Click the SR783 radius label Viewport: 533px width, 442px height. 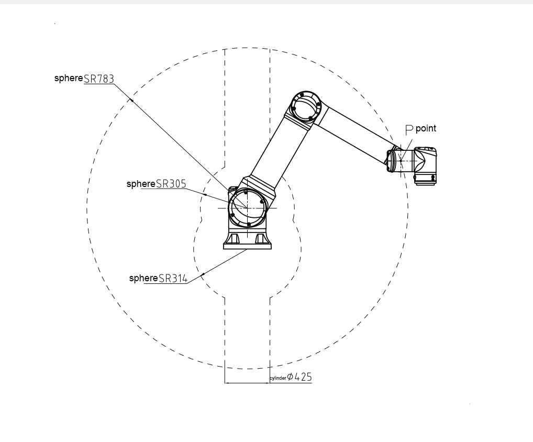coord(98,79)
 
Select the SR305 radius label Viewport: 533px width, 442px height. coord(171,184)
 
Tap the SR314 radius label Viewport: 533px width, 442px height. coord(173,278)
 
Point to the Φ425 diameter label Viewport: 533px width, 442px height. coord(299,377)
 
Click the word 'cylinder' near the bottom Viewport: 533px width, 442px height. coord(278,378)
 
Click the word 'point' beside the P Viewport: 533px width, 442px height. coord(426,128)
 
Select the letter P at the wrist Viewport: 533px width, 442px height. coord(409,130)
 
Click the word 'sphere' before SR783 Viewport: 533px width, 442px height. coord(68,78)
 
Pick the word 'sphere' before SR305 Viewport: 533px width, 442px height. coord(141,184)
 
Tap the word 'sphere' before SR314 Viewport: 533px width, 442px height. coord(143,278)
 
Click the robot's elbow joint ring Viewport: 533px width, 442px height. coord(306,106)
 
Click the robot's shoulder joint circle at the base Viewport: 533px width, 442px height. coord(247,207)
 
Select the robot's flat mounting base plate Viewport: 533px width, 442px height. coord(248,246)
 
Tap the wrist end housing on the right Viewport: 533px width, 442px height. coord(425,165)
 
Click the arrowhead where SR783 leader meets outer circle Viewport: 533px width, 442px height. coord(131,100)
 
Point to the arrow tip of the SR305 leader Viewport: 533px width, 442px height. coord(205,194)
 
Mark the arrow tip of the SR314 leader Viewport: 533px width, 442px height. coord(203,274)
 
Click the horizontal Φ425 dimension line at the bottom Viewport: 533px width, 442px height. coord(247,383)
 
